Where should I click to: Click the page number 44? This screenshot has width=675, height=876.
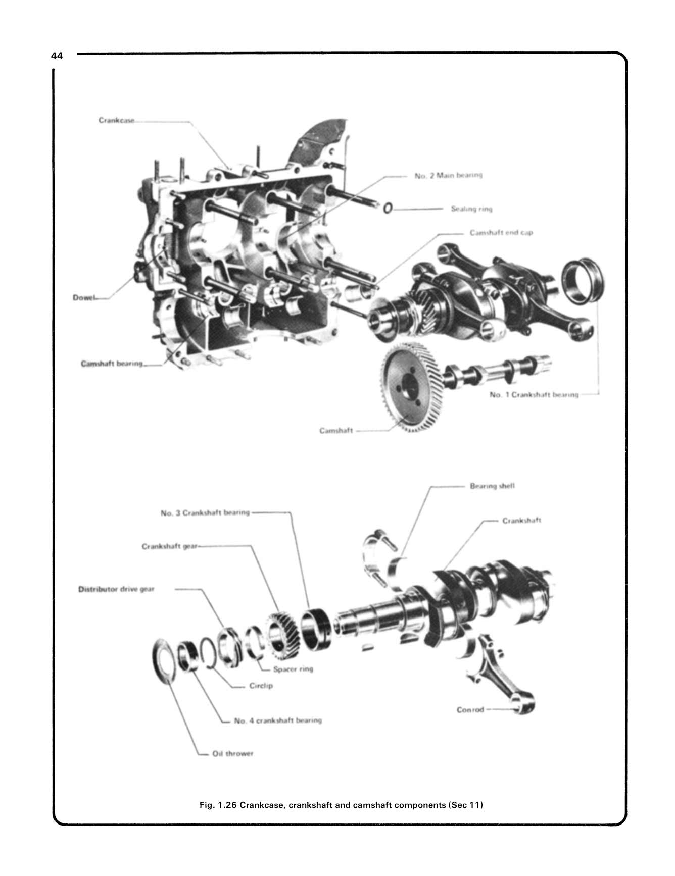coord(57,57)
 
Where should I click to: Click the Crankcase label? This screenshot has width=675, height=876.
coord(116,121)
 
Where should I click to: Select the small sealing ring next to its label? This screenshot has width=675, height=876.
coord(388,208)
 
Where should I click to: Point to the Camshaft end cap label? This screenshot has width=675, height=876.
coord(501,233)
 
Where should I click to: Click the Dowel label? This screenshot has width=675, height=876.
coord(84,297)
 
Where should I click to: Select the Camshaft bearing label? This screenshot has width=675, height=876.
coord(112,364)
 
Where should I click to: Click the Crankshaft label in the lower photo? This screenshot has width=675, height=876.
coord(521,520)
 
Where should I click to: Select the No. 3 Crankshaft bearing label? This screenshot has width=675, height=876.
coord(205,512)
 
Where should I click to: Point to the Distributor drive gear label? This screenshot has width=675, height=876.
coord(116,589)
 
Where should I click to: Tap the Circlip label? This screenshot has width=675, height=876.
coord(261,686)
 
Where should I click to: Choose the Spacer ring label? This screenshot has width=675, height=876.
coord(293,669)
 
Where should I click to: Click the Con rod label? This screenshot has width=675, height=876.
coord(470,710)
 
